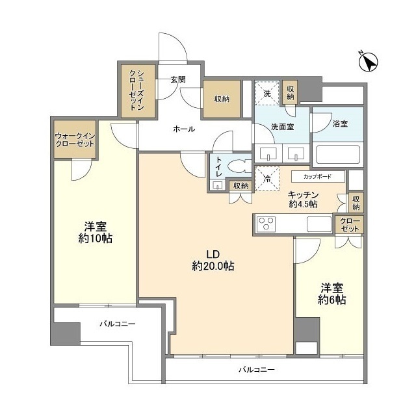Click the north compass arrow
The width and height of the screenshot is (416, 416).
(369, 62)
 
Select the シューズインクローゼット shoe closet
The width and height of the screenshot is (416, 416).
(137, 90)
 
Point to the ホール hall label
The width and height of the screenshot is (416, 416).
(183, 129)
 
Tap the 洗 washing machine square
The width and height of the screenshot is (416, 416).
(267, 93)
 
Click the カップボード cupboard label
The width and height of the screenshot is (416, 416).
(317, 176)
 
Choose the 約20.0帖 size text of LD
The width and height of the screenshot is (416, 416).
(213, 266)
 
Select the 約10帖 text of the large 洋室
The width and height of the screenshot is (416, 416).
(95, 239)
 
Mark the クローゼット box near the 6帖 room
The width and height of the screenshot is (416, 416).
(349, 225)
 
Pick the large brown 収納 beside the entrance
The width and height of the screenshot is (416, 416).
(222, 99)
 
